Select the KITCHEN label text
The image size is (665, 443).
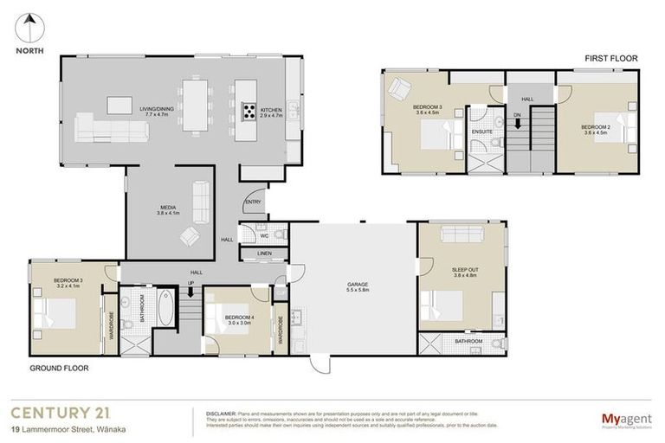[272, 111]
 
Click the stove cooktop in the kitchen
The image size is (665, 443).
[249, 110]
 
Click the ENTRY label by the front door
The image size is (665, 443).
[253, 202]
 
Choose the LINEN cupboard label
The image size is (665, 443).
[265, 254]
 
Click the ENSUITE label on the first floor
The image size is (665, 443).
[482, 132]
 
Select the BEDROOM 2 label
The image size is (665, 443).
[597, 130]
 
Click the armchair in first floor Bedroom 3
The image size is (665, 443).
[401, 89]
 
